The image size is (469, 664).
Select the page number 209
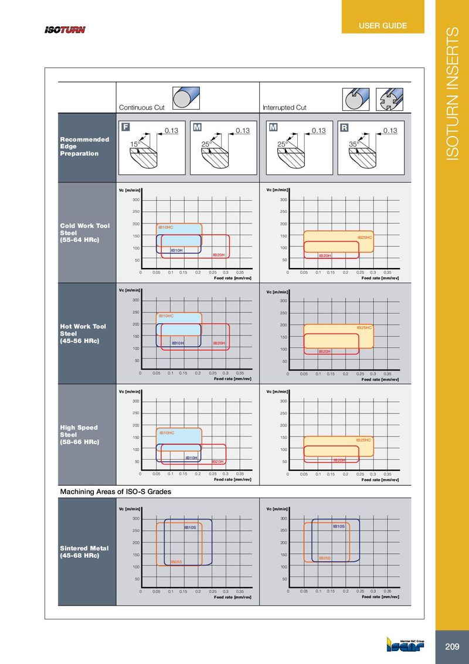[x=452, y=647]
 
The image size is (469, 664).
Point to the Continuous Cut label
[x=141, y=107]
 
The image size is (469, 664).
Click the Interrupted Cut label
[x=284, y=107]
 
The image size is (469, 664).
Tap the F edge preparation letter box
[x=125, y=127]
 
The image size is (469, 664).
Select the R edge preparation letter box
[x=344, y=127]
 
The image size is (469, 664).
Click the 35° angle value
[x=354, y=143]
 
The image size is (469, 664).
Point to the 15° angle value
[x=135, y=143]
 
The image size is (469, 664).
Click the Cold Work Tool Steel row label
[x=84, y=233]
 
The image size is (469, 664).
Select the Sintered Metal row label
[x=84, y=552]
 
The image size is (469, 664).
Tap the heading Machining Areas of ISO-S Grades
[x=116, y=492]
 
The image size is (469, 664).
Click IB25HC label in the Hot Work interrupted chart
[x=365, y=327]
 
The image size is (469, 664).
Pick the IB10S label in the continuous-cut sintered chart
[x=190, y=527]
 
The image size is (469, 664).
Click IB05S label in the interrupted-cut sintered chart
[x=325, y=558]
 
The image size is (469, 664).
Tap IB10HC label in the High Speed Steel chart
[x=167, y=433]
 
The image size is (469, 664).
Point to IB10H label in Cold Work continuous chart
[x=176, y=250]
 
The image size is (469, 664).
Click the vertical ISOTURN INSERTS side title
[x=452, y=94]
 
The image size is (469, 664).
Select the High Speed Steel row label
[x=79, y=435]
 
